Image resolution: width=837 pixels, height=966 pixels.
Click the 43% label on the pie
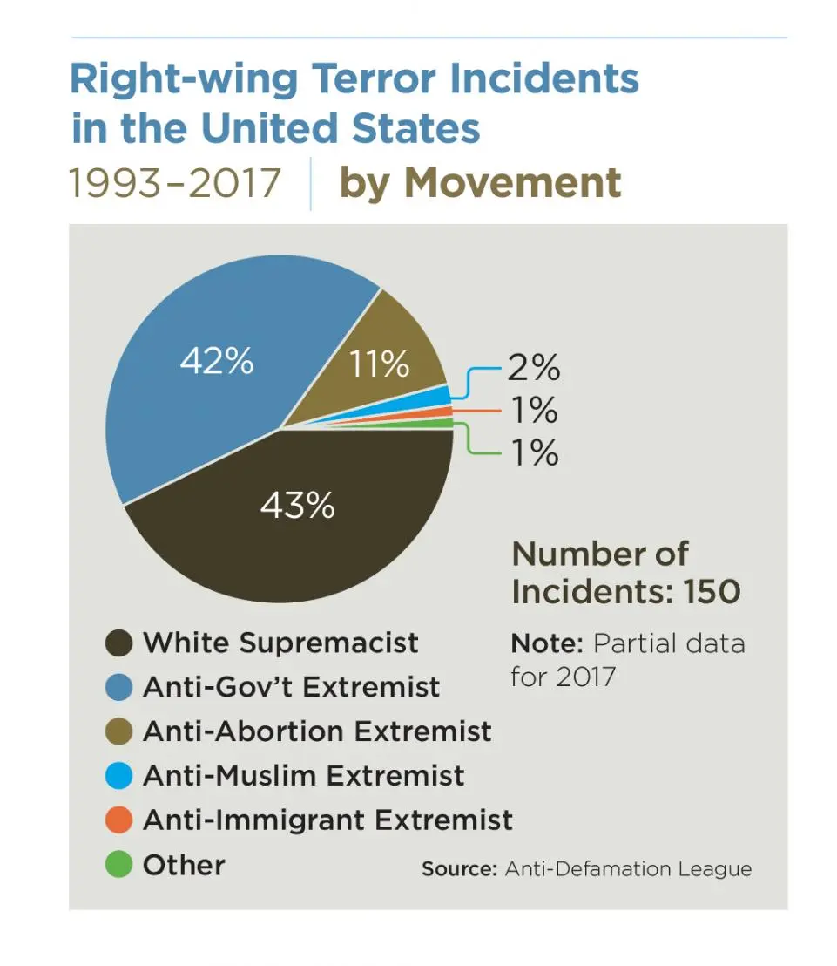pyautogui.click(x=297, y=505)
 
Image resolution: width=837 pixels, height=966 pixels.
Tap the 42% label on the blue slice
pyautogui.click(x=217, y=360)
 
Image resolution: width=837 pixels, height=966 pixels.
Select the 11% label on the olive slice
pyautogui.click(x=379, y=364)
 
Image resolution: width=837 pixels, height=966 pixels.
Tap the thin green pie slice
pyautogui.click(x=435, y=424)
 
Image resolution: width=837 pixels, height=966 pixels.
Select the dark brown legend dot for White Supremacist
pyautogui.click(x=118, y=644)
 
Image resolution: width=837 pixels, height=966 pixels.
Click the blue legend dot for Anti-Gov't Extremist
pyautogui.click(x=118, y=688)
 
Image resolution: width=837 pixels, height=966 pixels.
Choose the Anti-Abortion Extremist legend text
pyautogui.click(x=317, y=731)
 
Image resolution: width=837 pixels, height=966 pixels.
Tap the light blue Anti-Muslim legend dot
pyautogui.click(x=118, y=775)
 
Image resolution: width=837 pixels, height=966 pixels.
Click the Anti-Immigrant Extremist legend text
pyautogui.click(x=327, y=820)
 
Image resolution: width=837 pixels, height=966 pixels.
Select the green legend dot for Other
pyautogui.click(x=118, y=865)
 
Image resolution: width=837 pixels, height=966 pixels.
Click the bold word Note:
pyautogui.click(x=546, y=643)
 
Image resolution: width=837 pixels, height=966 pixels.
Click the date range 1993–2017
pyautogui.click(x=175, y=183)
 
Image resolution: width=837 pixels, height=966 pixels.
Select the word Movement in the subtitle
pyautogui.click(x=513, y=183)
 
